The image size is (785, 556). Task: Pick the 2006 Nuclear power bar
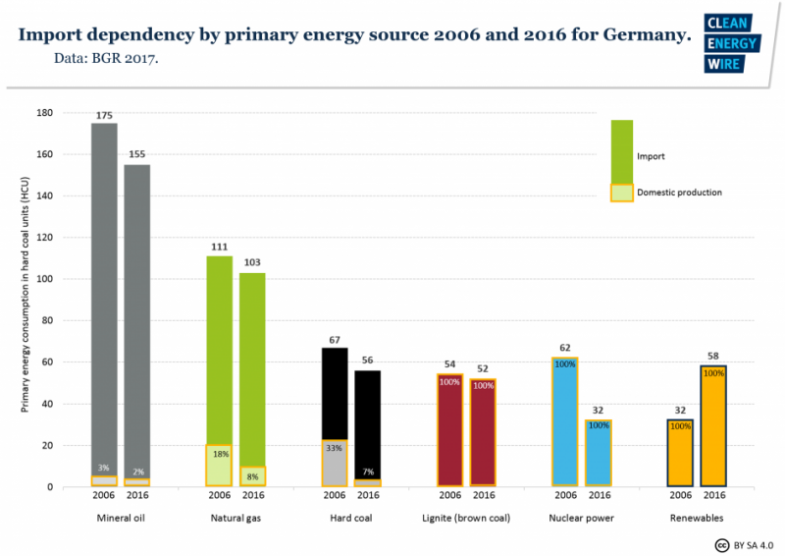(x=564, y=421)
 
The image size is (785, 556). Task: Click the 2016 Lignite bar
(x=483, y=432)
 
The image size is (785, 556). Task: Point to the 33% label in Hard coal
(x=335, y=447)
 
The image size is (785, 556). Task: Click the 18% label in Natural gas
(x=220, y=454)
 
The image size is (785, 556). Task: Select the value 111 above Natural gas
(x=220, y=248)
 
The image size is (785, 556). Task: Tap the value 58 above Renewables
(x=713, y=355)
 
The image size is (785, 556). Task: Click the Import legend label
(x=652, y=156)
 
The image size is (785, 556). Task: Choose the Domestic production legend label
(x=679, y=193)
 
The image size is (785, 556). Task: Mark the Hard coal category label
(x=351, y=517)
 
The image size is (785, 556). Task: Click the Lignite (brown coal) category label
(x=466, y=517)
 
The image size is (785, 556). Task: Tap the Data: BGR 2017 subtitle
(x=106, y=59)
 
